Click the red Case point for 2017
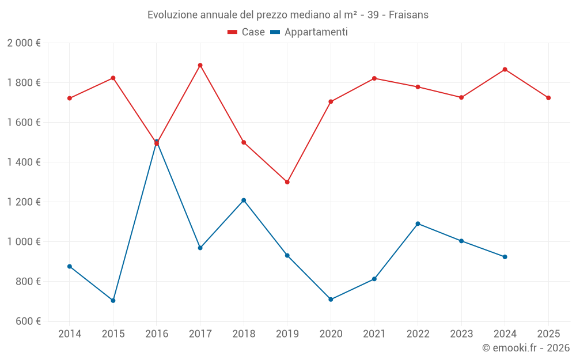(x=200, y=65)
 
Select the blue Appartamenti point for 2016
(x=157, y=141)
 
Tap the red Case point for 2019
(x=287, y=182)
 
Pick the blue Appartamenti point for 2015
(x=113, y=301)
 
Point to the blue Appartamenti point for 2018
(x=244, y=200)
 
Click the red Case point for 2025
(x=548, y=98)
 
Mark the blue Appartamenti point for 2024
(x=505, y=257)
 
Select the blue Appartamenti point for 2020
(x=331, y=300)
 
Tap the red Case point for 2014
(x=70, y=98)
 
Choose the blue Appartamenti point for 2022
(x=418, y=223)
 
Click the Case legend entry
(x=247, y=32)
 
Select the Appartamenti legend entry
(x=309, y=32)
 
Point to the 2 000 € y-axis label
(x=24, y=43)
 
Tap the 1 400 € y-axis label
(x=24, y=162)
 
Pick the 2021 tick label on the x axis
(x=374, y=334)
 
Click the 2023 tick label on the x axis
(x=461, y=334)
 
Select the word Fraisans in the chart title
(x=408, y=15)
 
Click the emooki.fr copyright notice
(x=526, y=348)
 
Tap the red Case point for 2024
(x=505, y=70)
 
